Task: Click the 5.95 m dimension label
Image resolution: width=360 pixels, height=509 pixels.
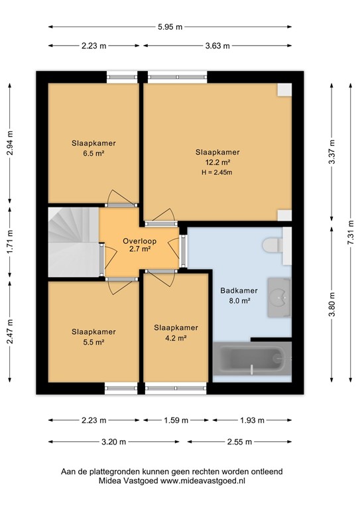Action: pyautogui.click(x=170, y=27)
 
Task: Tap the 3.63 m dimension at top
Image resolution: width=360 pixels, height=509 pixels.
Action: pyautogui.click(x=217, y=46)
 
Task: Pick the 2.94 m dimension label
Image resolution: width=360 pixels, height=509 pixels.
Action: pyautogui.click(x=9, y=142)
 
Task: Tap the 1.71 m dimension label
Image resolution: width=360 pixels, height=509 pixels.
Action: pyautogui.click(x=9, y=243)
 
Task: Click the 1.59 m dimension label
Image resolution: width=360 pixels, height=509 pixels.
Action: pyautogui.click(x=176, y=420)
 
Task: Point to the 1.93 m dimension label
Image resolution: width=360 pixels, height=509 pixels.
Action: pyautogui.click(x=251, y=420)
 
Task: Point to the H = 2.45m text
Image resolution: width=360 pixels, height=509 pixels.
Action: pyautogui.click(x=217, y=172)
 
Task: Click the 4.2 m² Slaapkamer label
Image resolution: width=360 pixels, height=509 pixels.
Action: pyautogui.click(x=176, y=333)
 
